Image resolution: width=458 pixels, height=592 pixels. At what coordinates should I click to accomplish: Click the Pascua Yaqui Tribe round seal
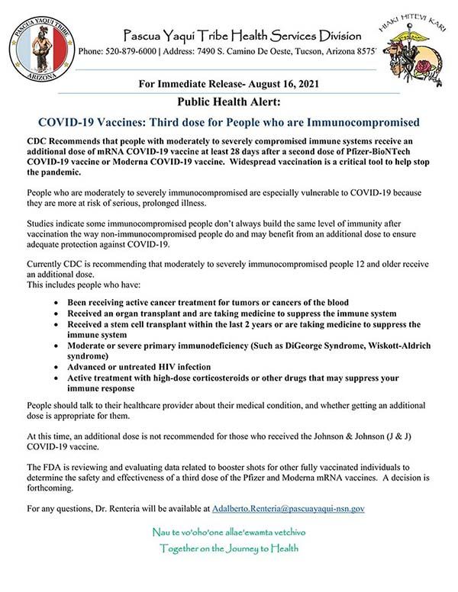point(42,46)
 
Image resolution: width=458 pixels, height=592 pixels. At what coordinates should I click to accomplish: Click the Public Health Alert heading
point(228,101)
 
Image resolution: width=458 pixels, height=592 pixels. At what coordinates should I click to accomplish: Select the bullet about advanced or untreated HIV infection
point(150,365)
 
